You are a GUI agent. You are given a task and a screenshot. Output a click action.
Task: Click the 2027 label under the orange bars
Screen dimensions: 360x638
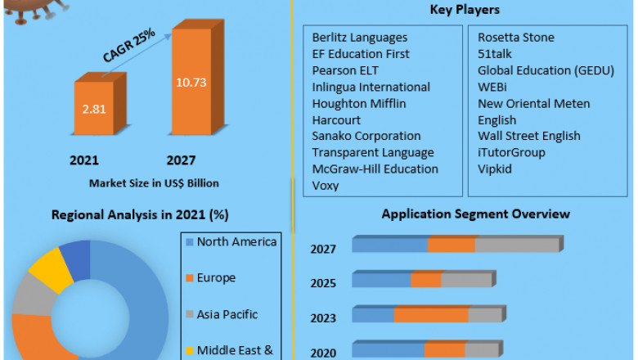(x=181, y=160)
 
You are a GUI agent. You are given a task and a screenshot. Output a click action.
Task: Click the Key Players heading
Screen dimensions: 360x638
(x=465, y=10)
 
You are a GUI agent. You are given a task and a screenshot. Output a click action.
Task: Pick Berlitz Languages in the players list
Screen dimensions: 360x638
(x=360, y=38)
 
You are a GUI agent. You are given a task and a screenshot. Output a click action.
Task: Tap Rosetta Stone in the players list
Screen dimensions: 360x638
(x=516, y=38)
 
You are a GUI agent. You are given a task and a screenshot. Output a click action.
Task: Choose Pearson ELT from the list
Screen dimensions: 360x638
(x=345, y=70)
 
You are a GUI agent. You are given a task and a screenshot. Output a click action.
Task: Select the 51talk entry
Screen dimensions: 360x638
(x=497, y=54)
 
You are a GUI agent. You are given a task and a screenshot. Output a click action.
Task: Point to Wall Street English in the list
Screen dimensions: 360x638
(x=529, y=136)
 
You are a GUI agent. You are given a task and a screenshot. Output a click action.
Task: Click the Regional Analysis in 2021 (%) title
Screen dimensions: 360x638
(x=140, y=215)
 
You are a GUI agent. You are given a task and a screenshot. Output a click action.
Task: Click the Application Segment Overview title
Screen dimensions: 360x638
(x=476, y=214)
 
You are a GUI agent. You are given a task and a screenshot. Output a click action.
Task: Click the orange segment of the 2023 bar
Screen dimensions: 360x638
(x=431, y=315)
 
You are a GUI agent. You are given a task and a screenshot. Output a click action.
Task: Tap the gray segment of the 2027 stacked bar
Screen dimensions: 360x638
(x=516, y=245)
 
